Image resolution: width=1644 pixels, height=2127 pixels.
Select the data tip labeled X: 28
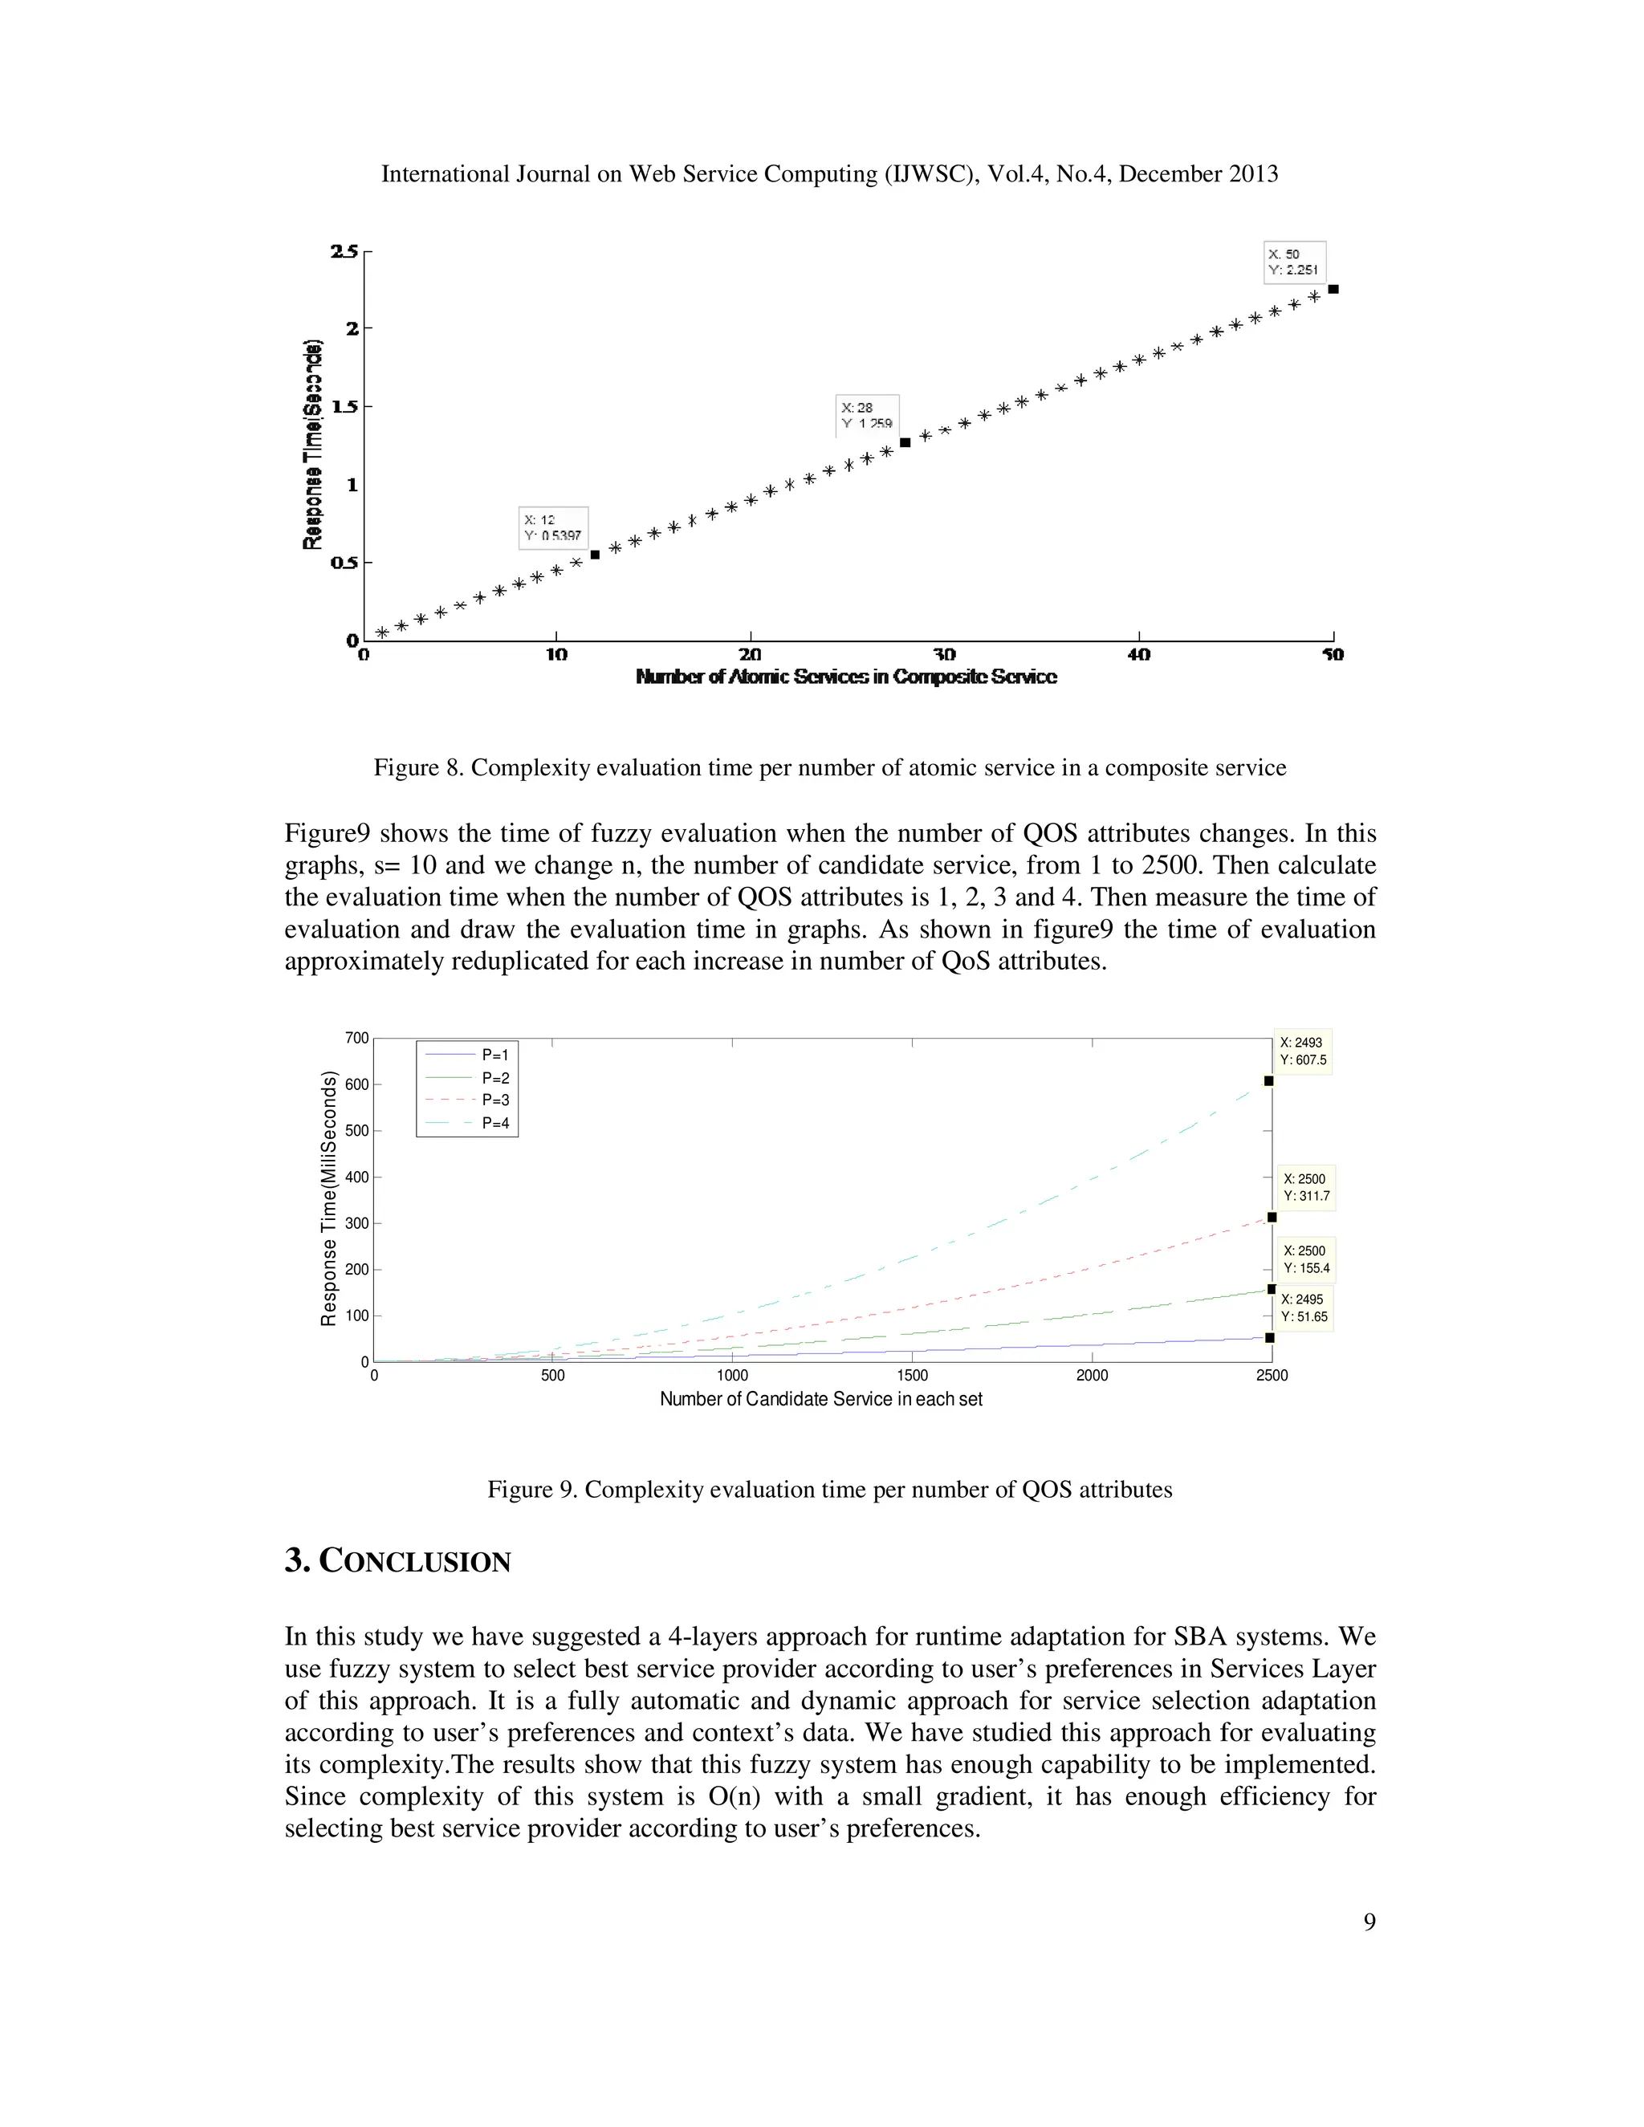coord(866,416)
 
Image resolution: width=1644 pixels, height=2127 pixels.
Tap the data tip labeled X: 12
coord(552,528)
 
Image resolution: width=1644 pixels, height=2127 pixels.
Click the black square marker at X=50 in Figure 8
coord(1333,289)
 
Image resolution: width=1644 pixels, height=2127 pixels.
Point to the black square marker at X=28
coord(905,442)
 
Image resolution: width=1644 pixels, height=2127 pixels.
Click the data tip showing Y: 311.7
coord(1305,1187)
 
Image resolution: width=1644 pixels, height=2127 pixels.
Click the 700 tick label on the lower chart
coord(357,1038)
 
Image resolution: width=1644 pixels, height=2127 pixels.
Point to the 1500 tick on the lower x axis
coord(912,1376)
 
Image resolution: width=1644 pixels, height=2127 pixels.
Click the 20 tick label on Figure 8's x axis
coord(750,654)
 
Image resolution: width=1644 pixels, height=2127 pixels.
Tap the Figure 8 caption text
coord(830,768)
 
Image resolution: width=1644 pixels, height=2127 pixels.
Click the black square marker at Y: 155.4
coord(1271,1290)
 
